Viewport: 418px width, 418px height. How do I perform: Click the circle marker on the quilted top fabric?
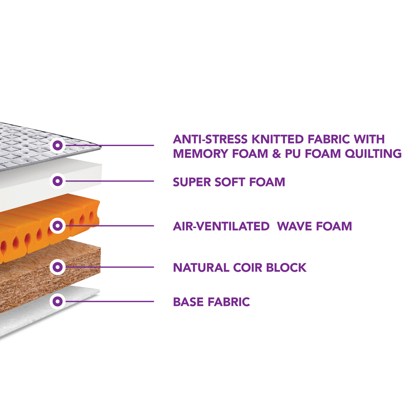pos(58,146)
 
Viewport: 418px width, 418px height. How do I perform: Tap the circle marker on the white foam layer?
pos(58,181)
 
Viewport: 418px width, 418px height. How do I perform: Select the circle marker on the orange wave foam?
pos(58,225)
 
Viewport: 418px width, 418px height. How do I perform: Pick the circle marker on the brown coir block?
pos(58,267)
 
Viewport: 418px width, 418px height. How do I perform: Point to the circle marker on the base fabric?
pos(58,301)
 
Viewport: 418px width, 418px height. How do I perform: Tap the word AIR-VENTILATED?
pos(221,226)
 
